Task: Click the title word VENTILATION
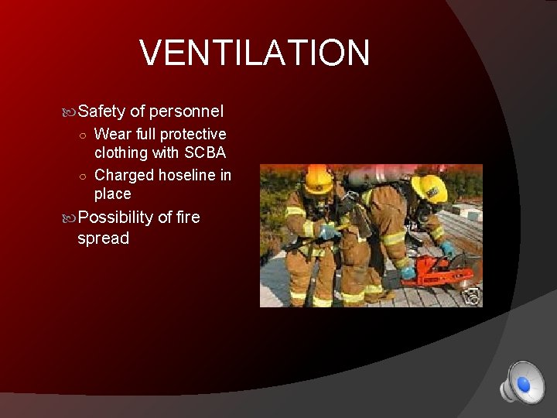(255, 53)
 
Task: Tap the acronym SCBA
(204, 152)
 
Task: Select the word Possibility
(116, 218)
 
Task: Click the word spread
(104, 238)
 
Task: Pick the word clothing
(123, 152)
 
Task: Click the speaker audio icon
(521, 382)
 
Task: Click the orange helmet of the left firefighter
(317, 179)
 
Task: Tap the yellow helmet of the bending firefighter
(429, 187)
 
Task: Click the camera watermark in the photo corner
(472, 296)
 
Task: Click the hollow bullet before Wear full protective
(84, 135)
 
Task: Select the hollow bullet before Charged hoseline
(84, 176)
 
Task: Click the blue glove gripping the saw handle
(446, 250)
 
